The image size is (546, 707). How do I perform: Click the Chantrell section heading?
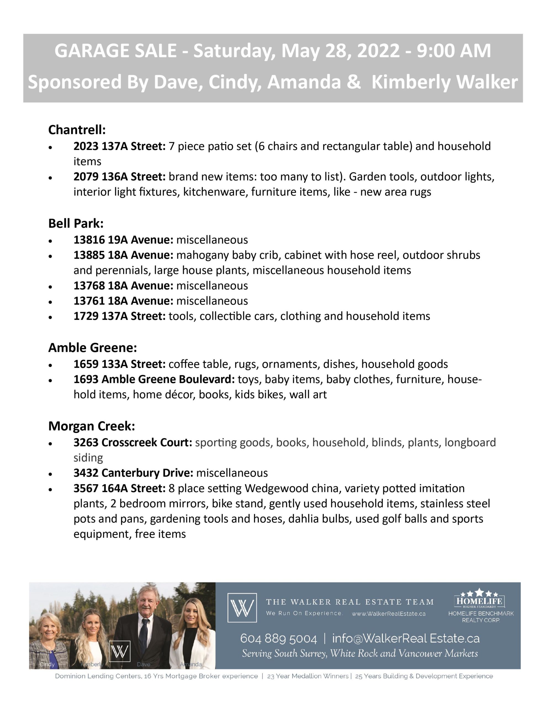click(77, 130)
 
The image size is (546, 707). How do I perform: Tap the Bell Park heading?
click(76, 223)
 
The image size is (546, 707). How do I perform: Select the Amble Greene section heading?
click(92, 348)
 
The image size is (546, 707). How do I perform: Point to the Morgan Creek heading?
click(92, 426)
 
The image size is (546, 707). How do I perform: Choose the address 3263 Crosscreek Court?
click(133, 442)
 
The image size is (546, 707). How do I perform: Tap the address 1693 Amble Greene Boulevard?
click(154, 379)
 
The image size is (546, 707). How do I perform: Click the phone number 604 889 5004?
click(278, 639)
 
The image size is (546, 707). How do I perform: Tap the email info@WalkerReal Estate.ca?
click(405, 639)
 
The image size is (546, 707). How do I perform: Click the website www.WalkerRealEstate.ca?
click(388, 614)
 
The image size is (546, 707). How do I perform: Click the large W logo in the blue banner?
click(242, 608)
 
